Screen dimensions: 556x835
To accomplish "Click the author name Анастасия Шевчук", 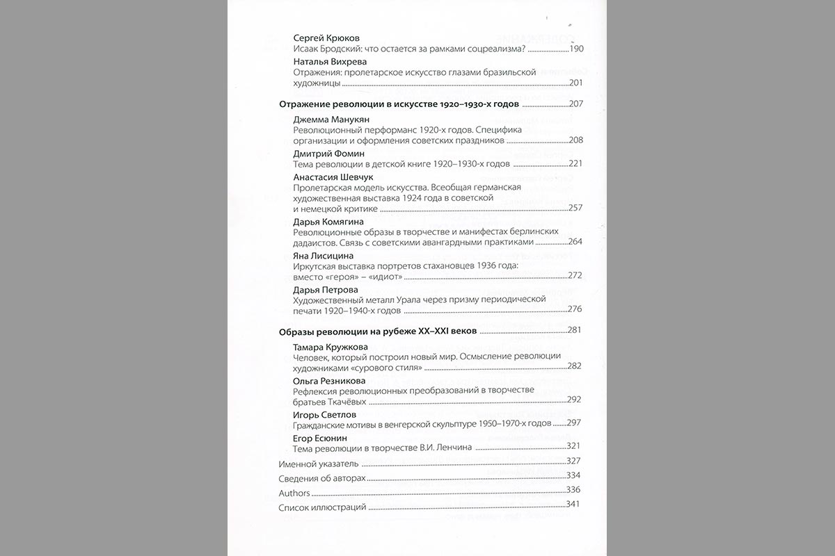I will pos(333,177).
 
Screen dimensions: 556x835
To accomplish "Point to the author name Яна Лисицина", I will pos(324,256).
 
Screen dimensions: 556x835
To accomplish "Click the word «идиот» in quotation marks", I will pos(381,276).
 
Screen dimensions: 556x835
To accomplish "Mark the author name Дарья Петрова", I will pos(326,289).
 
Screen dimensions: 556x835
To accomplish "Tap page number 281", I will pos(575,330).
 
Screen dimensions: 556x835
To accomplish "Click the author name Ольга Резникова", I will pos(330,380).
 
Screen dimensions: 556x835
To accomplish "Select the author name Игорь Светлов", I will pos(325,414).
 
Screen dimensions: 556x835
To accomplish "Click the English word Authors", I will pos(294,492).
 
